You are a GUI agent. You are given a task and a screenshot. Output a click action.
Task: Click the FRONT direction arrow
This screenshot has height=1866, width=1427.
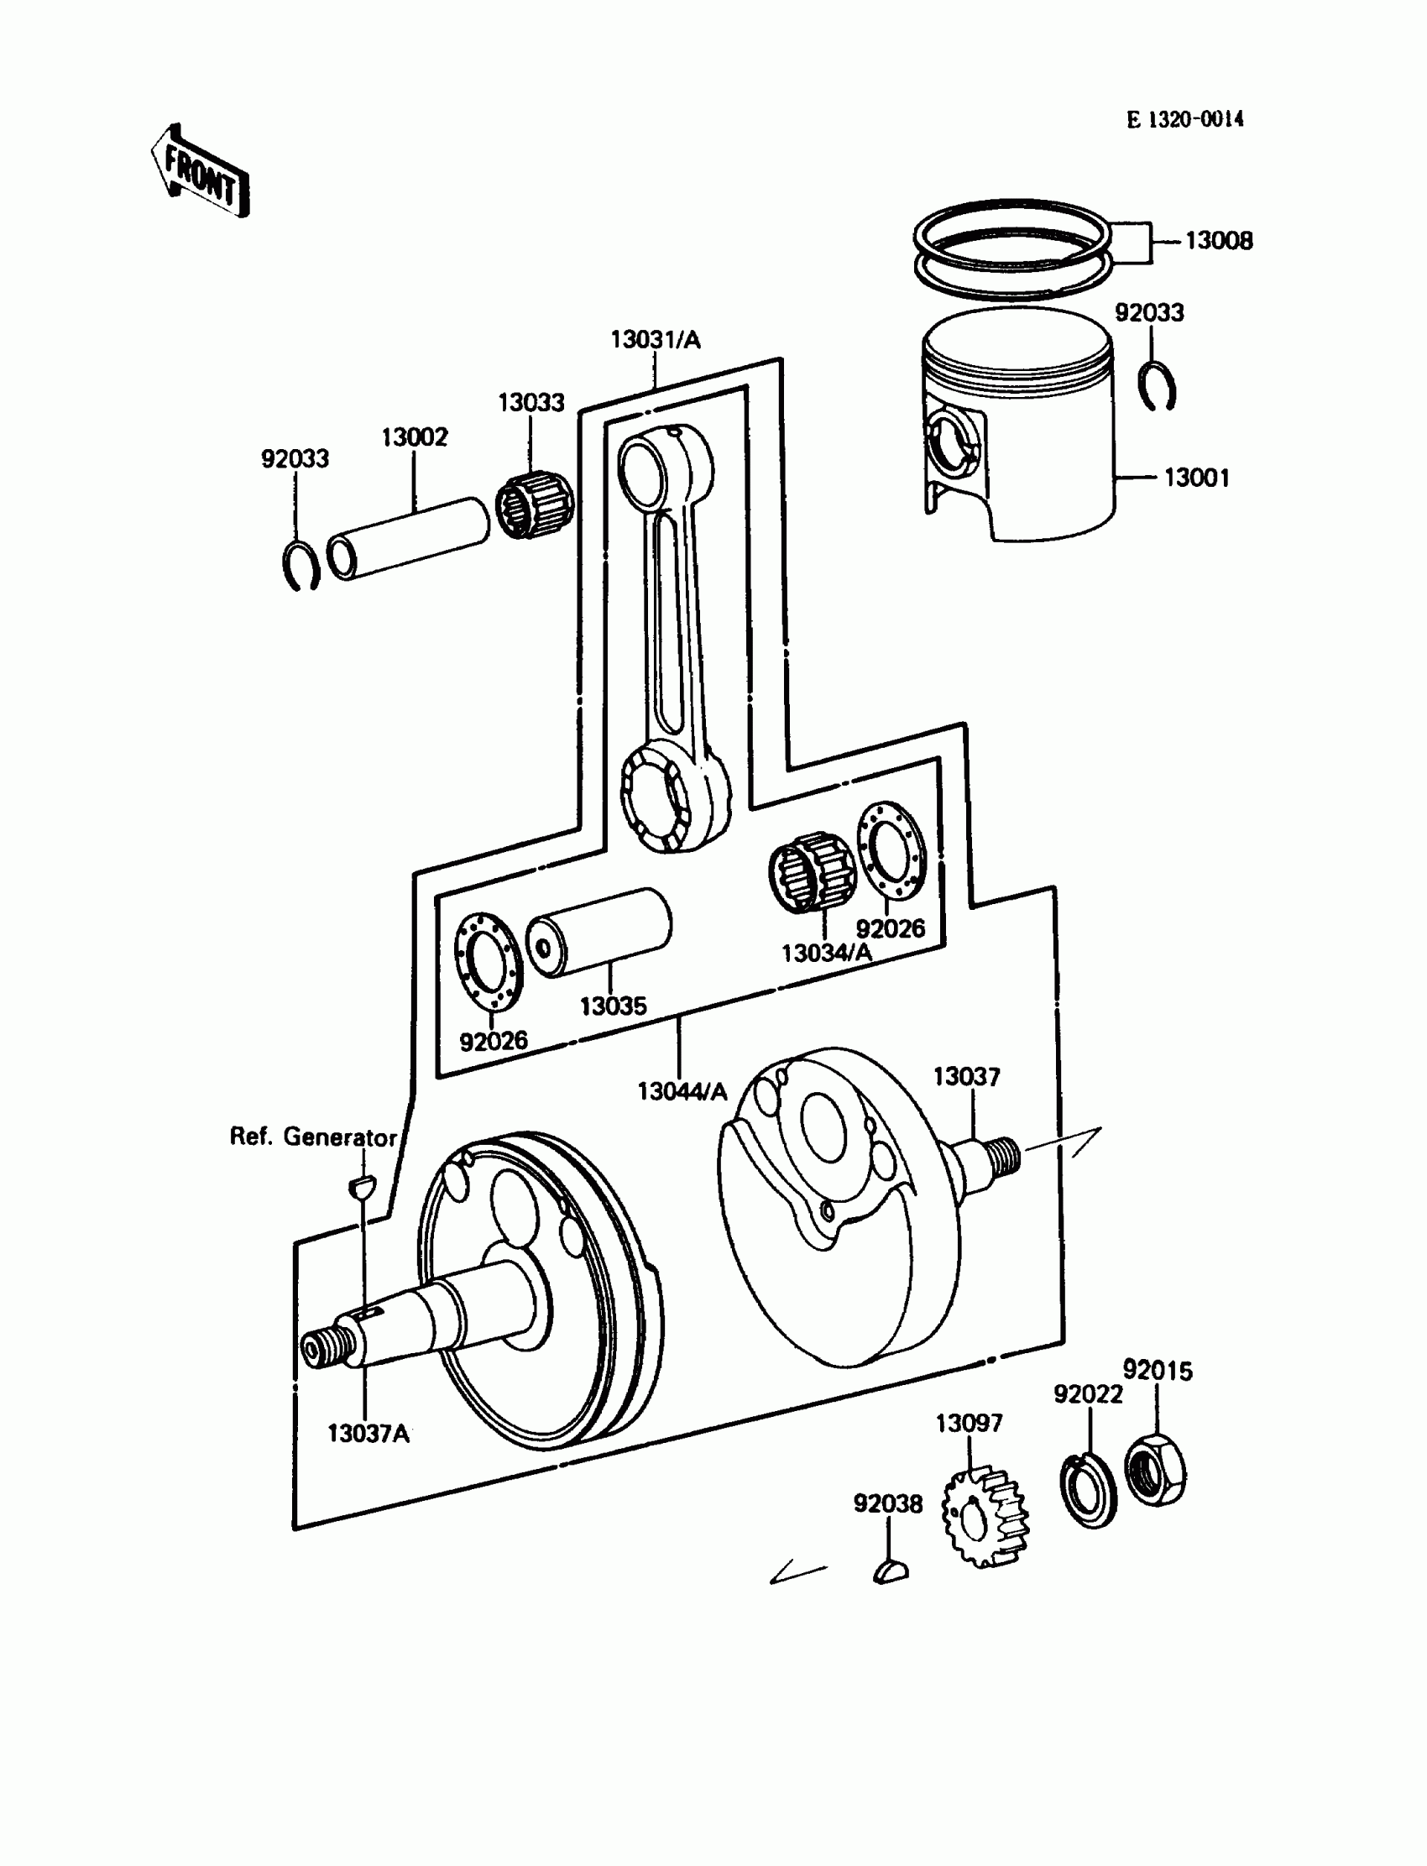tap(201, 172)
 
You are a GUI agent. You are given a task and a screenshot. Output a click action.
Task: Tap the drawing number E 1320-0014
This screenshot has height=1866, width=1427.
tap(1185, 120)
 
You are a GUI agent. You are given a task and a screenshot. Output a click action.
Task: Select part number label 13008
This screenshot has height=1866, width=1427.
tap(1218, 241)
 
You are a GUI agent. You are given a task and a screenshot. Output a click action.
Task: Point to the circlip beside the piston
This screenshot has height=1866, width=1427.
tap(1156, 386)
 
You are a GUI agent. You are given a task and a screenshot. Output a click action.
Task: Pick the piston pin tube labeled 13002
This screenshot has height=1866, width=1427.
tap(409, 540)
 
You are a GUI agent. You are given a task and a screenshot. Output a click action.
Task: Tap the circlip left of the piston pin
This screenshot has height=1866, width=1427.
tap(300, 564)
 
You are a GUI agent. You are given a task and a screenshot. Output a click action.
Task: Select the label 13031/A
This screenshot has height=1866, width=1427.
tap(655, 340)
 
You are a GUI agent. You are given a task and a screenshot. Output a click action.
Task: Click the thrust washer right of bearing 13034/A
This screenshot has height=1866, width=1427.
tap(889, 849)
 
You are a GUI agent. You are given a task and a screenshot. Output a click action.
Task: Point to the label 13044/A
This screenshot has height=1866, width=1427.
tap(682, 1091)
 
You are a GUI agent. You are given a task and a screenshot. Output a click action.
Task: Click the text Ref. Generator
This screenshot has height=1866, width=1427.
tap(312, 1137)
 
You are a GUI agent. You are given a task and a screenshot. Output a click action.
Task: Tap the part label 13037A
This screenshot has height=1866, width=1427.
tap(368, 1434)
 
